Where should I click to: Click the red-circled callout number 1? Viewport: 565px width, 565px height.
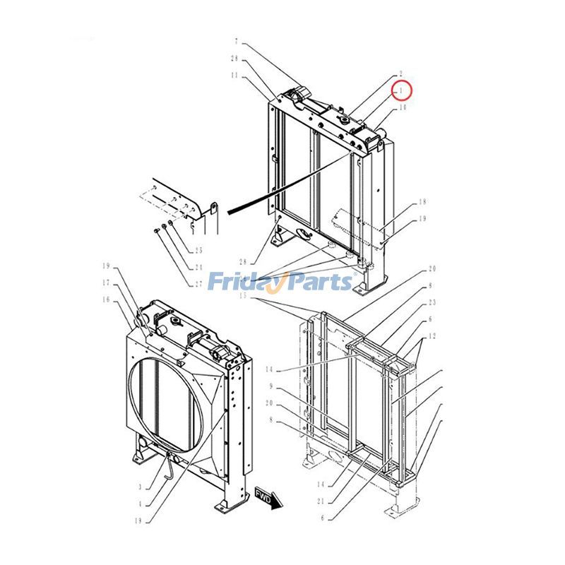coord(402,90)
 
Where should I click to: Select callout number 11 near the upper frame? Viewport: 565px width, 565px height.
coord(234,75)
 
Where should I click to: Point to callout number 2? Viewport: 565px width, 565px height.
coord(400,73)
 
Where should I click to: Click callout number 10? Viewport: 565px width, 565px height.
coord(403,108)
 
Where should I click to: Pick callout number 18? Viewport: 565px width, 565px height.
coord(422,202)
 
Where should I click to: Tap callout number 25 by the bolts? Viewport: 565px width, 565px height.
coord(198,251)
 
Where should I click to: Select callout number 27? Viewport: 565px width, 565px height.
coord(198,284)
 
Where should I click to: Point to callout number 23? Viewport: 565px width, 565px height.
coord(431,302)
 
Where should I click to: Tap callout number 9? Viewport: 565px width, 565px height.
coord(270,386)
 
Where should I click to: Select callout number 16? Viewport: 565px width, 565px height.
coord(107,300)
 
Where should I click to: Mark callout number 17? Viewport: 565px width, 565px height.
coord(107,283)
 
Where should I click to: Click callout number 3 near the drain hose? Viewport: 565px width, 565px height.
coord(141,487)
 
